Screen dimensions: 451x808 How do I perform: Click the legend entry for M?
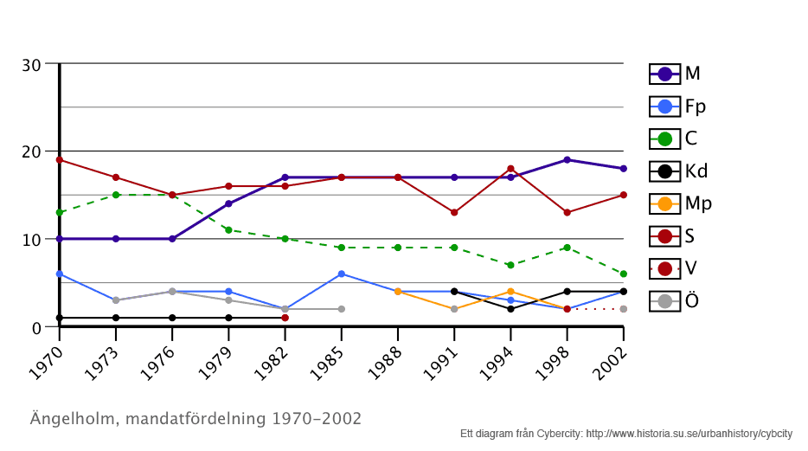click(x=676, y=74)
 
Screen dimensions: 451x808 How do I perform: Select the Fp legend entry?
click(x=676, y=106)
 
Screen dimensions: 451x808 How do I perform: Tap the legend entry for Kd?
click(x=676, y=171)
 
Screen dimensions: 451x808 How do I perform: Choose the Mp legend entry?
click(x=676, y=203)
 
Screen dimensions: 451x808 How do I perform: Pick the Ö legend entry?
click(x=676, y=300)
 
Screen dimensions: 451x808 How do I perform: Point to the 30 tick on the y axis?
click(x=32, y=65)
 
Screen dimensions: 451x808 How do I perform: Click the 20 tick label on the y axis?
click(x=32, y=151)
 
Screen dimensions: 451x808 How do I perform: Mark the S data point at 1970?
click(x=60, y=160)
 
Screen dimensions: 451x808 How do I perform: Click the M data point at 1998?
click(x=567, y=160)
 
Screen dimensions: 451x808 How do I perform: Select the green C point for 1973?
click(x=116, y=195)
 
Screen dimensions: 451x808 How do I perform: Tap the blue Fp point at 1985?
click(x=342, y=274)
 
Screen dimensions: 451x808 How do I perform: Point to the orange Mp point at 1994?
click(x=510, y=292)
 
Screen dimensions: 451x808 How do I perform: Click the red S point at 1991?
click(x=454, y=212)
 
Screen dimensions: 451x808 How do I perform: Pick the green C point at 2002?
click(x=623, y=274)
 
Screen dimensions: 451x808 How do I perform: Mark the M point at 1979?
click(x=228, y=203)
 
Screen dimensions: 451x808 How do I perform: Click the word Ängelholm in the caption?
click(x=74, y=419)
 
